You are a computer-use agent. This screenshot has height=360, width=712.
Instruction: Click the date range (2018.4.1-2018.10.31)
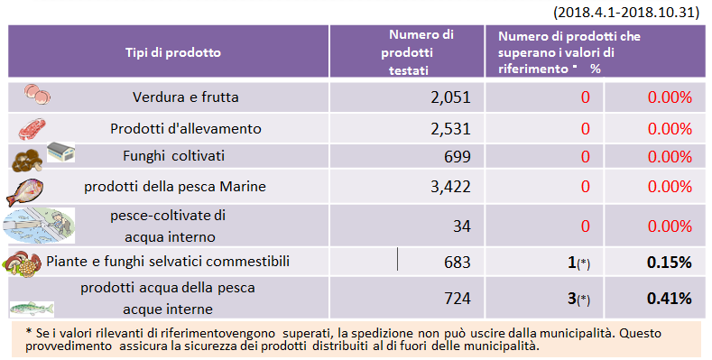point(629,11)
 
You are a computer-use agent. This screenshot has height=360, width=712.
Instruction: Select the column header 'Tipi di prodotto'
point(172,51)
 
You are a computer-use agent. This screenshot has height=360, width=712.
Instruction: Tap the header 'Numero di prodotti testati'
point(421,51)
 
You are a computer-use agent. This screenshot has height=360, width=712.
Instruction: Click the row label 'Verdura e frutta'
point(185,97)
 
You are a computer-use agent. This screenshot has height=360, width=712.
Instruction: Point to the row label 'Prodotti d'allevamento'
point(185,128)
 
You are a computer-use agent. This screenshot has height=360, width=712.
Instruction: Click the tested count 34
point(461,225)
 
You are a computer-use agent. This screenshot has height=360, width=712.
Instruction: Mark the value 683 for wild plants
point(456,262)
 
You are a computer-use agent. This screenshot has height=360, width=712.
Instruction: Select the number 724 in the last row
point(456,298)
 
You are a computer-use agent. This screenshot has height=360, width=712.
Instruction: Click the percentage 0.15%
point(669,262)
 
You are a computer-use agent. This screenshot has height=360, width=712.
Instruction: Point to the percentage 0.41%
point(669,298)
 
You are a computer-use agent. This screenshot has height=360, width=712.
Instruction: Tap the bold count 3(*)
point(578,298)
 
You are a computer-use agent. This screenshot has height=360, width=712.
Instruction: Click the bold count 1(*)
point(578,262)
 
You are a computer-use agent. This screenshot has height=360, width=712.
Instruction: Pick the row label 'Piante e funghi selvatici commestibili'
point(168,262)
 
